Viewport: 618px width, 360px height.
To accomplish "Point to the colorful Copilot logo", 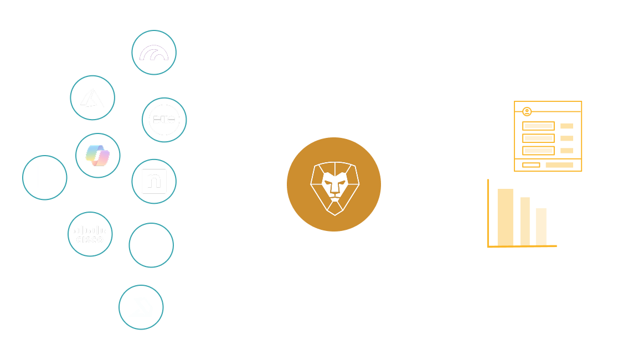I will tap(98, 156).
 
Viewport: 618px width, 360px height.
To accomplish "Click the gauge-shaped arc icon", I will tap(154, 53).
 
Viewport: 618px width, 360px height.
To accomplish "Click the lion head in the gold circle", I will tap(334, 184).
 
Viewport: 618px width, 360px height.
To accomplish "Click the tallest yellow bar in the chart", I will tap(505, 217).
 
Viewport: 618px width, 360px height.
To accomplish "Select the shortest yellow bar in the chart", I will tap(541, 227).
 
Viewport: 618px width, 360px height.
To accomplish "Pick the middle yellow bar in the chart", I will tap(525, 221).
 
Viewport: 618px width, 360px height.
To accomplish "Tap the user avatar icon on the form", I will tap(527, 111).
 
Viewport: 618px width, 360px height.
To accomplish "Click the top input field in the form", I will tap(538, 126).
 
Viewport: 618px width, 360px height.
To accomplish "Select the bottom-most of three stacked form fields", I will tap(538, 151).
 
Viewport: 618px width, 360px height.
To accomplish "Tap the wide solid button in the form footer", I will tap(559, 165).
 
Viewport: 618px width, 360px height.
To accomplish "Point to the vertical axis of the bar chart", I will tap(488, 213).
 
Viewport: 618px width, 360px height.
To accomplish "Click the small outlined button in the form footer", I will tap(531, 165).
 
